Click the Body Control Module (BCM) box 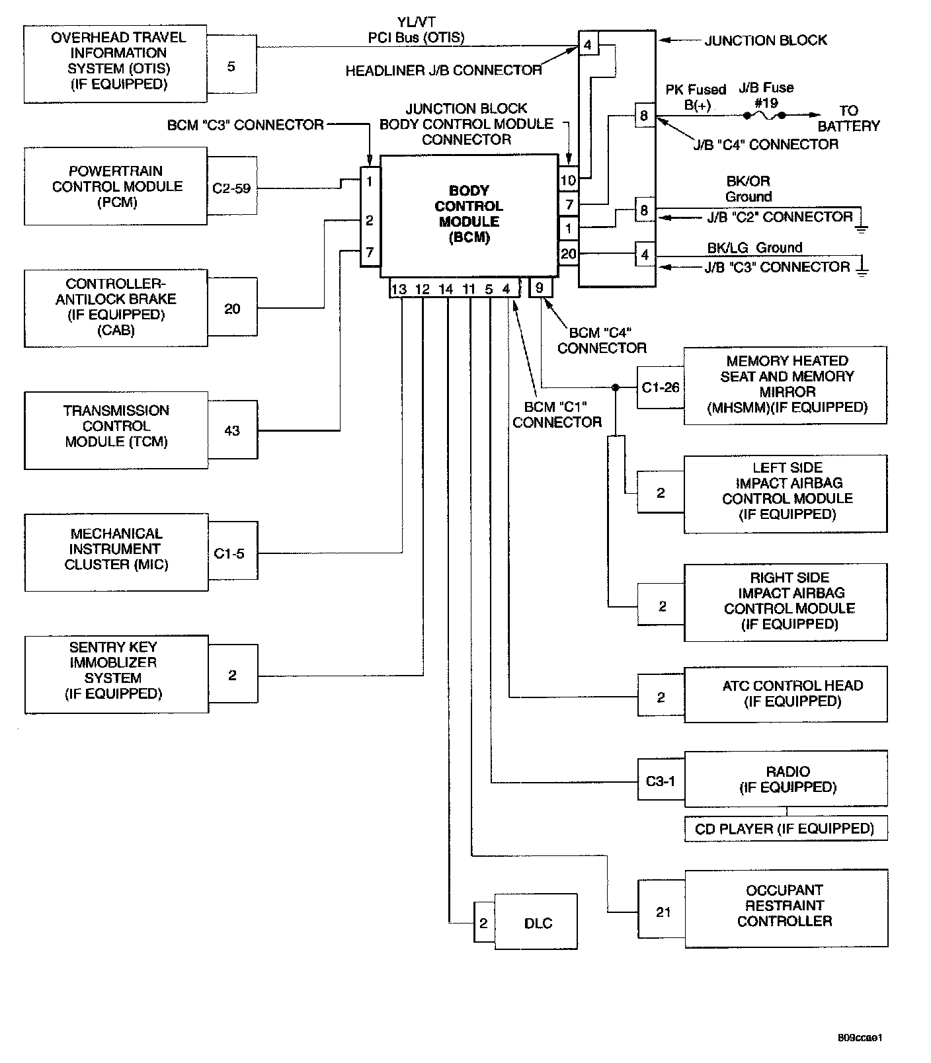click(x=469, y=215)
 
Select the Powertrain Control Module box click(x=116, y=186)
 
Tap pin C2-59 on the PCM click(x=231, y=188)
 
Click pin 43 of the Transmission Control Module click(x=232, y=431)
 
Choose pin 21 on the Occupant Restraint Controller click(x=663, y=912)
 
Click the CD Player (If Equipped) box click(x=785, y=829)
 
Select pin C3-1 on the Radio click(x=661, y=781)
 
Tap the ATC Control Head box click(x=786, y=693)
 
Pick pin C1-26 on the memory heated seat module click(x=661, y=387)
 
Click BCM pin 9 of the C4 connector click(x=540, y=288)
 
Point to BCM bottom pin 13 click(x=399, y=289)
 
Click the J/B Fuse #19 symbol click(x=763, y=115)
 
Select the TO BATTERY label click(x=849, y=118)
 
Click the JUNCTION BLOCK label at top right click(x=766, y=40)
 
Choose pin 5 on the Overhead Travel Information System click(x=231, y=66)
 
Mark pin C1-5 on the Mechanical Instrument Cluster click(x=229, y=554)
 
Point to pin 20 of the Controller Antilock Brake click(x=232, y=309)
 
